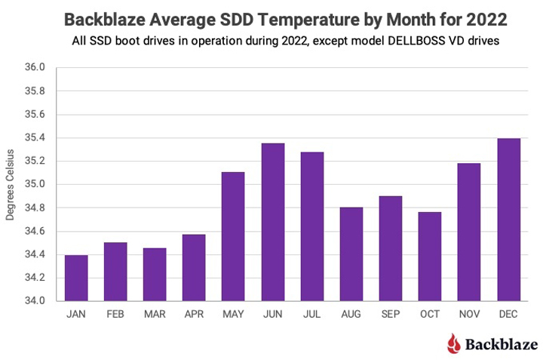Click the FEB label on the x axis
click(x=115, y=315)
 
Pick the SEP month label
click(x=390, y=315)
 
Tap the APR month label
click(x=194, y=315)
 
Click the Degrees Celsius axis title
click(x=11, y=184)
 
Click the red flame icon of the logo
click(x=452, y=344)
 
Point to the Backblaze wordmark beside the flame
click(x=500, y=345)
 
